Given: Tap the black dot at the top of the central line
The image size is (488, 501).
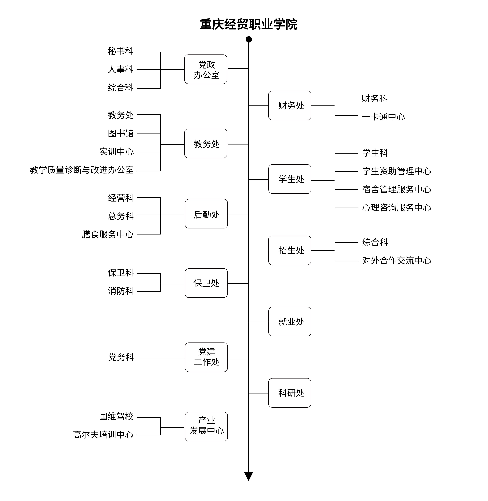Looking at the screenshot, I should point(249,40).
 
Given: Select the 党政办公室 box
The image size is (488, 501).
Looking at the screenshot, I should point(206,69).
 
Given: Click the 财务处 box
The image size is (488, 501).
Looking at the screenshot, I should point(290,105).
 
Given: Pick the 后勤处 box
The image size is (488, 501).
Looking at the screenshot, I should point(206,214).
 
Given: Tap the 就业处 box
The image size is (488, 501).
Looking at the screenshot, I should point(290,322).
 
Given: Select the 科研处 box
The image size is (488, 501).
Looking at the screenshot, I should point(290,393).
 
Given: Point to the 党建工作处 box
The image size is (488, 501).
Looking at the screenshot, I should point(206,357).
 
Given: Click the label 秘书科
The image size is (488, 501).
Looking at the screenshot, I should point(120,51).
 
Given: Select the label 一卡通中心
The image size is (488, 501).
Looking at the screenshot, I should point(383,117).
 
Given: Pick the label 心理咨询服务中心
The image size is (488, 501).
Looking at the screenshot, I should point(397,208).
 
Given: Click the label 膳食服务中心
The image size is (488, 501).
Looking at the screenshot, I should point(108,234).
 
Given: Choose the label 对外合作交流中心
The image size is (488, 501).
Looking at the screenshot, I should point(397,261).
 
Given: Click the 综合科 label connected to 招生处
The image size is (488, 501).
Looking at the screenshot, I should point(375,242).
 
